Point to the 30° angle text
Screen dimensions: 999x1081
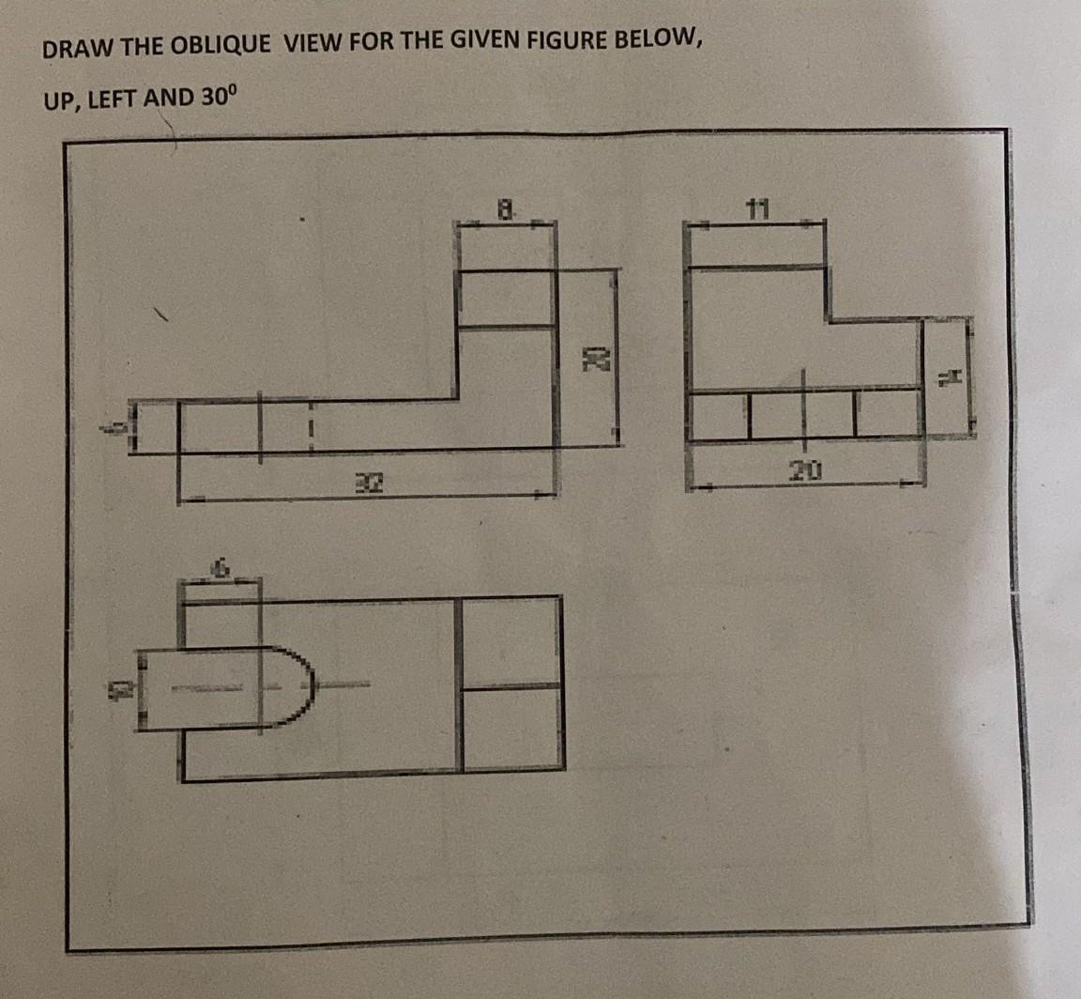(221, 96)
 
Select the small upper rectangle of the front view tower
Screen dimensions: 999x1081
(505, 299)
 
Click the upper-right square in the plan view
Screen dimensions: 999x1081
(512, 642)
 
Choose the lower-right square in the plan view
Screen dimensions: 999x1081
(512, 729)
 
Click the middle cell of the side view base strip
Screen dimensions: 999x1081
(802, 414)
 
